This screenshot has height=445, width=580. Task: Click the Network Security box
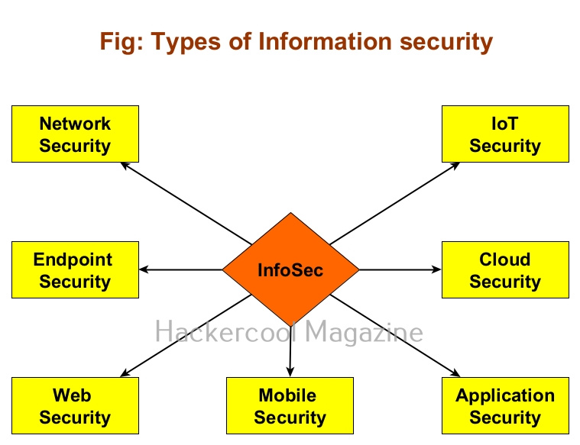75,134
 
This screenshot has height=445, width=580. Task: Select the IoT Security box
505,134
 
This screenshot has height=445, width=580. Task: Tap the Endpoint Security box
75,270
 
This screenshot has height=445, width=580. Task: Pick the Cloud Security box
505,270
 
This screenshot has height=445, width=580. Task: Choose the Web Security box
75,406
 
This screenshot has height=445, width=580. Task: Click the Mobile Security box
290,406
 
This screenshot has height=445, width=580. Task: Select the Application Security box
505,406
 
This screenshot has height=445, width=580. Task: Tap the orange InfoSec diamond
290,269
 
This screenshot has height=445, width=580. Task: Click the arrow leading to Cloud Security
400,269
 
